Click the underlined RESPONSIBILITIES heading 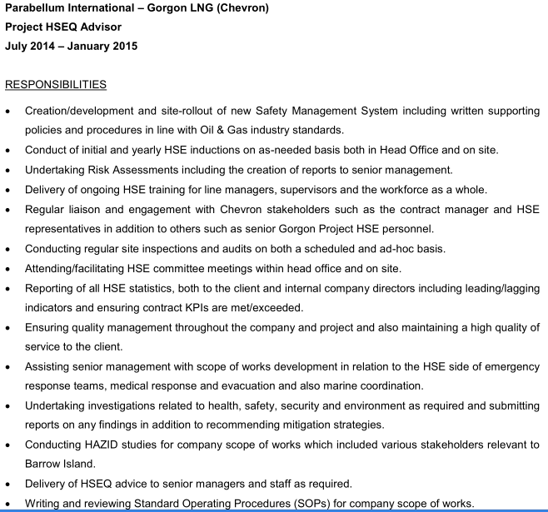coord(56,84)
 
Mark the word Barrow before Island coord(43,464)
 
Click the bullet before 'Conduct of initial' coord(8,151)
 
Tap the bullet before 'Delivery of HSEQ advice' coord(8,484)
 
